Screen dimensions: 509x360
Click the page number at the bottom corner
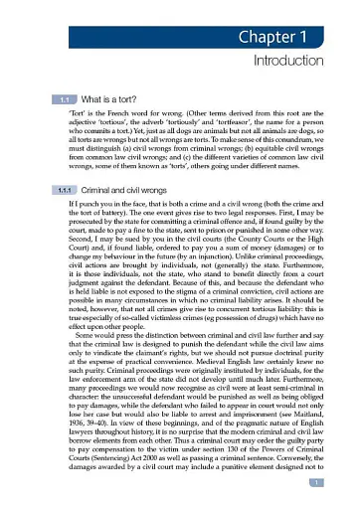pyautogui.click(x=340, y=483)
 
